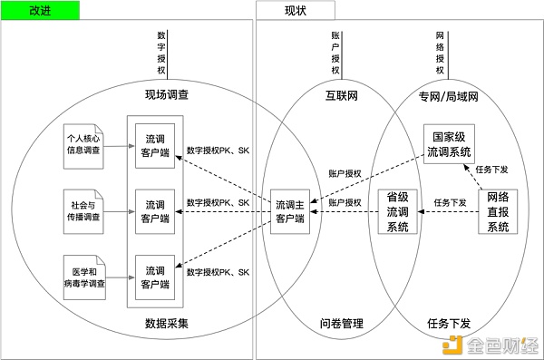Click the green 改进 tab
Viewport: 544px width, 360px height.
(x=42, y=11)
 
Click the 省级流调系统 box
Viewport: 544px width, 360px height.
(x=398, y=211)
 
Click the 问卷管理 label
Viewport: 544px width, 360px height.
(x=341, y=324)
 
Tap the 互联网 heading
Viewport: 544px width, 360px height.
(x=342, y=94)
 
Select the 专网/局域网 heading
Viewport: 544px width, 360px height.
(x=449, y=94)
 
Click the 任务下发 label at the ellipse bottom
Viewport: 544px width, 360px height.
(x=448, y=324)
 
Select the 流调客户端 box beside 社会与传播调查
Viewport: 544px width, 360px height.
(x=152, y=211)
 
